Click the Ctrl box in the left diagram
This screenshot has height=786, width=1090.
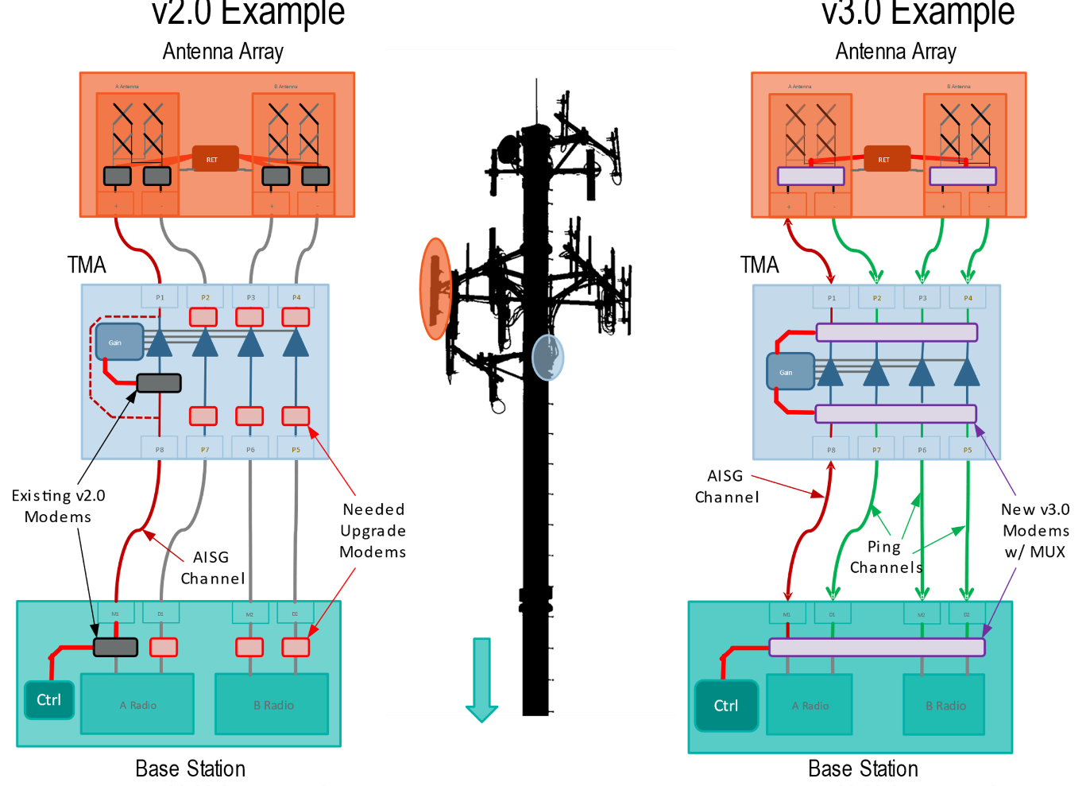tap(49, 700)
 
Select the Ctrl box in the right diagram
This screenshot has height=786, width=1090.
tap(726, 706)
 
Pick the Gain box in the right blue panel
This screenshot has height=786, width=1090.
tap(790, 371)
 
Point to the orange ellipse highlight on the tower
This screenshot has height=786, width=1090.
tap(435, 288)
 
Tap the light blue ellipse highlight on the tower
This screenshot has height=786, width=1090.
tap(547, 357)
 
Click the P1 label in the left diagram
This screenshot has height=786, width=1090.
tap(160, 298)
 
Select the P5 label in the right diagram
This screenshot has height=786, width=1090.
tap(968, 450)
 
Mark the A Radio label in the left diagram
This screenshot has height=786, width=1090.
tap(138, 705)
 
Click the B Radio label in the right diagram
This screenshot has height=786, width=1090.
tap(945, 706)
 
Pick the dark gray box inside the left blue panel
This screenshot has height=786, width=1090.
tap(159, 383)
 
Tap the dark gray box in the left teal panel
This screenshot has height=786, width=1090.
tap(115, 647)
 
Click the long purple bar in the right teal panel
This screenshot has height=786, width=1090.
tap(877, 647)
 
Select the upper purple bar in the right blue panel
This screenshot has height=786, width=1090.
tap(896, 332)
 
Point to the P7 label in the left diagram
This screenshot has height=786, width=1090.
tap(205, 450)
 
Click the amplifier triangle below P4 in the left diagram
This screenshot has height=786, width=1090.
tap(296, 343)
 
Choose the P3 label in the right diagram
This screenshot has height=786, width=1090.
tap(922, 298)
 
